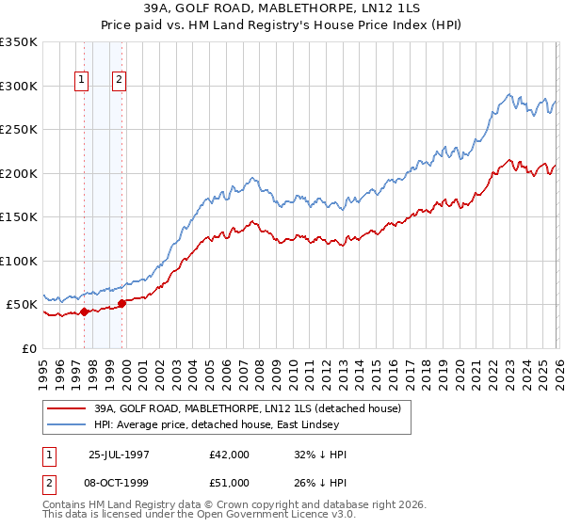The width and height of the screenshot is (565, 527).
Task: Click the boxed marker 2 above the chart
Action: (120, 81)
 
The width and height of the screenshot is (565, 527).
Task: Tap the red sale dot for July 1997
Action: (84, 311)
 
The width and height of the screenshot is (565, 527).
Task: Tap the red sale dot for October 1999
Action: (121, 303)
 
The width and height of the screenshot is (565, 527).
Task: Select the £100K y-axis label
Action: (19, 261)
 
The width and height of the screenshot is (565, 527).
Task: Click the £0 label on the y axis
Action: (30, 348)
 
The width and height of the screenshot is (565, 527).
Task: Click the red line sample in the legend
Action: (66, 408)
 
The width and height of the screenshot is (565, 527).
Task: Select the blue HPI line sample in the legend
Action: (66, 425)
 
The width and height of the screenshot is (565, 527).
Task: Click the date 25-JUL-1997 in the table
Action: (121, 455)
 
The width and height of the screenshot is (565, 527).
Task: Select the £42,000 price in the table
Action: (230, 455)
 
